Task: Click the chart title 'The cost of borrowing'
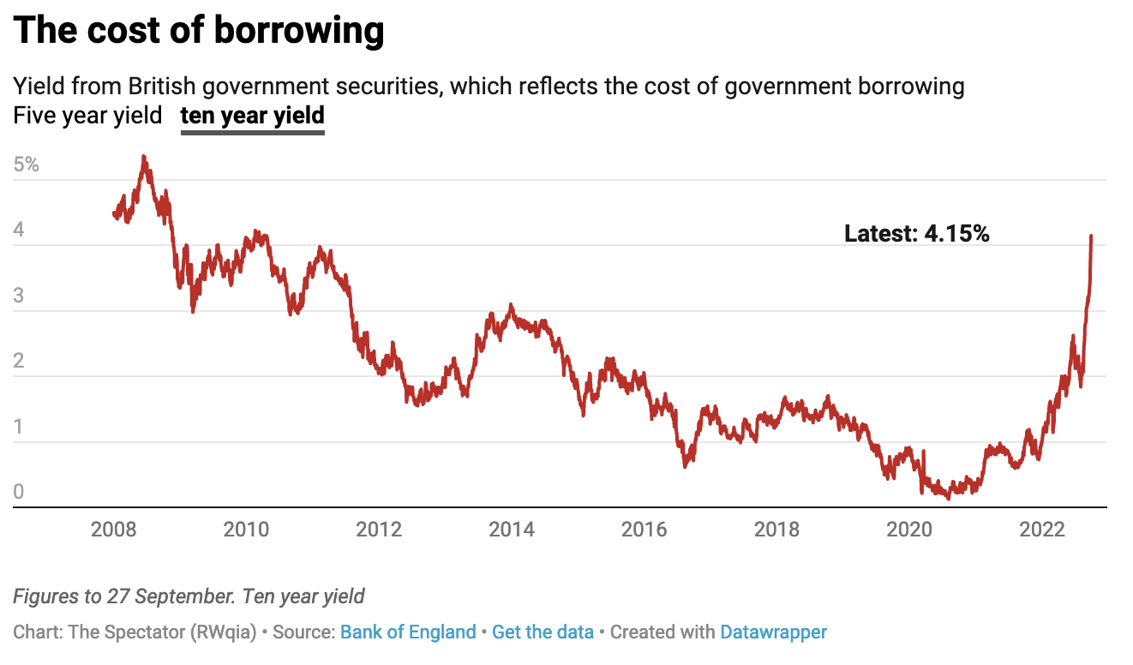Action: (199, 30)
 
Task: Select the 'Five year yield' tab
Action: (87, 115)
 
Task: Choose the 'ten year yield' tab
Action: (252, 115)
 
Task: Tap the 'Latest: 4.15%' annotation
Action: (916, 233)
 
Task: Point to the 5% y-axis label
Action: (27, 165)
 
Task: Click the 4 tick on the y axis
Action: (20, 231)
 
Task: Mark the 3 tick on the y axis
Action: (20, 297)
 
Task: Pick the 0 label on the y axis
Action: (20, 493)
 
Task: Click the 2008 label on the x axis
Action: (113, 530)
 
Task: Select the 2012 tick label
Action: (379, 530)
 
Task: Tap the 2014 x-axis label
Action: (512, 530)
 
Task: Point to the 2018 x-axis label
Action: (776, 530)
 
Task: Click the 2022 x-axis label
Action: (1042, 530)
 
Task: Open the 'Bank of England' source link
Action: (408, 632)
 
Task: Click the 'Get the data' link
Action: (543, 632)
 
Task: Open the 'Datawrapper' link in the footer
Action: (773, 632)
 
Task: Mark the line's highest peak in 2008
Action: (143, 157)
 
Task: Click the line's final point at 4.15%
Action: (1091, 236)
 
